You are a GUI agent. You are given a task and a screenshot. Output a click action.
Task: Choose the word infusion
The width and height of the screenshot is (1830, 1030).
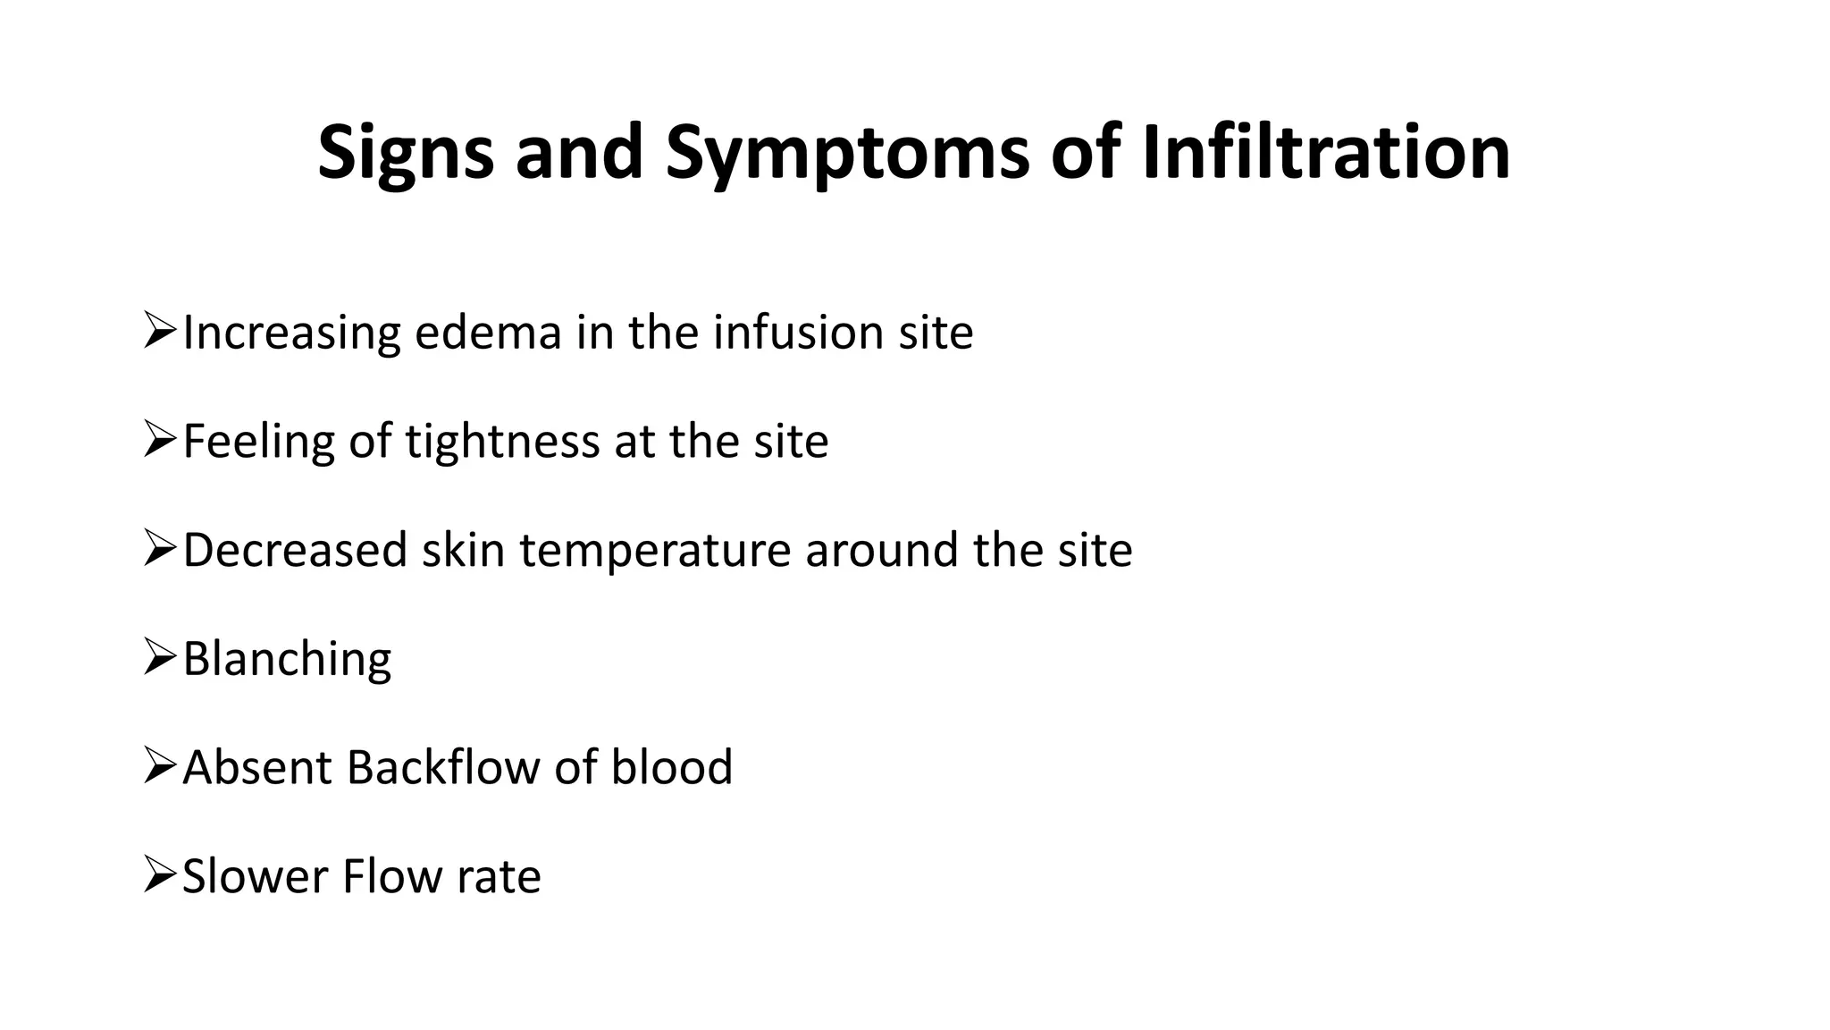(798, 333)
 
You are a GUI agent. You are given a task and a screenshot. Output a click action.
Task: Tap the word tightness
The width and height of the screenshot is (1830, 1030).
(502, 442)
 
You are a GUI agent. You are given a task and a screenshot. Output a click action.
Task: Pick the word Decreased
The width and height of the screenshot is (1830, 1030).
(295, 550)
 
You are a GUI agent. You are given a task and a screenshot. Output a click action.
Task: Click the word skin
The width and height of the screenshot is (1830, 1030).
(464, 550)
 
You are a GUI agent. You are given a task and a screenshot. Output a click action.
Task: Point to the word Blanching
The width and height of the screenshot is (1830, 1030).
(287, 660)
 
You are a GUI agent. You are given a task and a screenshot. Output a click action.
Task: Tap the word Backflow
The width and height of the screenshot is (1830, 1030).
(442, 767)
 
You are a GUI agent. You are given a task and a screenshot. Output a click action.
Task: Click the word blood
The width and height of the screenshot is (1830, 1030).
(671, 767)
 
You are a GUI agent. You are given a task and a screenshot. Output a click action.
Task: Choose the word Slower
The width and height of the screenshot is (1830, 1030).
(255, 876)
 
